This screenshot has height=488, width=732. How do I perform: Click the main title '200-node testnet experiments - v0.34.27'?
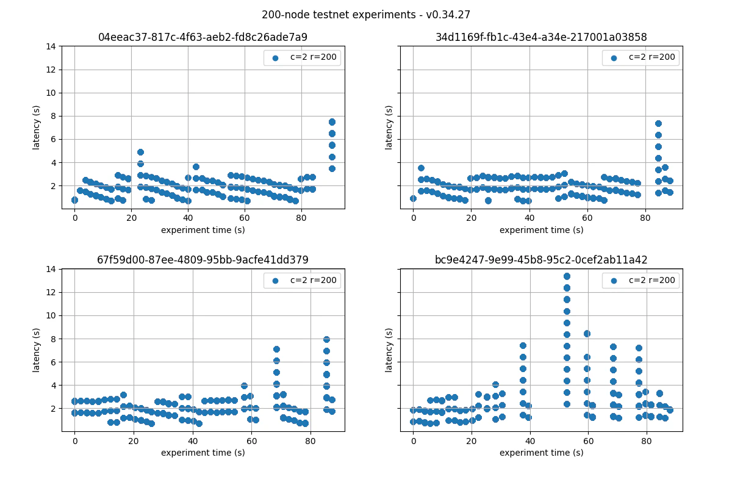366,15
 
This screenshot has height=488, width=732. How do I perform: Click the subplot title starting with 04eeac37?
203,37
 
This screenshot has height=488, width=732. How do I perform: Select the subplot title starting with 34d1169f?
541,37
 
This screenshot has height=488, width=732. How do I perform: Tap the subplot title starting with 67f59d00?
203,260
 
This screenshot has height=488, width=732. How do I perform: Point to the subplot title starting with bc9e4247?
541,260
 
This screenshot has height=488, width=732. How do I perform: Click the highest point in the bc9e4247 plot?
567,276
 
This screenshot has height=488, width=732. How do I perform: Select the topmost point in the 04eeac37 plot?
332,122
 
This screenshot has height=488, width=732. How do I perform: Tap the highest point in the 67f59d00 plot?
326,339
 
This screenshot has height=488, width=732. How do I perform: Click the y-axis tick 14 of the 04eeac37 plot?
53,46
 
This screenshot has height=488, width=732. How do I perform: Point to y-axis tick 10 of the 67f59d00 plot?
53,315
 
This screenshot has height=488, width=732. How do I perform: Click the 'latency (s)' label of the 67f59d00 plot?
37,350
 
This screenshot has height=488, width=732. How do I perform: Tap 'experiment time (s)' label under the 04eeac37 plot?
203,230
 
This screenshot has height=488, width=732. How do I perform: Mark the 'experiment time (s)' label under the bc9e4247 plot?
541,453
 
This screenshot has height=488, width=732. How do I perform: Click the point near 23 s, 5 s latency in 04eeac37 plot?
140,152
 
